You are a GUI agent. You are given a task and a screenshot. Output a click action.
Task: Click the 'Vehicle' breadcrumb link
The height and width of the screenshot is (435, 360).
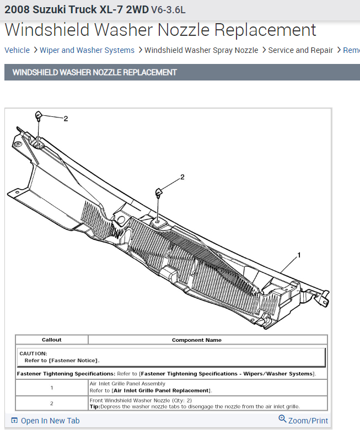pos(17,50)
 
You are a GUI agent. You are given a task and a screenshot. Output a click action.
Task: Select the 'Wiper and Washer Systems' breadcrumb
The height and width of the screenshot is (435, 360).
pos(87,50)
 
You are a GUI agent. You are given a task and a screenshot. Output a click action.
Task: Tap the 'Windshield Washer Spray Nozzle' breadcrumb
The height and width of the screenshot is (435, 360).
pos(201,50)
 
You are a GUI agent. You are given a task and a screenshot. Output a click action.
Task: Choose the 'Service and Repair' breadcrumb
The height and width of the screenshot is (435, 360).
pos(300,50)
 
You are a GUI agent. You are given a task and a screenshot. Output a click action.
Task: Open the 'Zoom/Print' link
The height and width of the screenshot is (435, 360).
pos(304,420)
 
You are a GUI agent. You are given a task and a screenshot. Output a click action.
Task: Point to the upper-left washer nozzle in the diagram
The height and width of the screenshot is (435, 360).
pos(39,115)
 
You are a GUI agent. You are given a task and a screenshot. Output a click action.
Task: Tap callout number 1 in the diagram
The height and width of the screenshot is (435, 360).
pos(299,255)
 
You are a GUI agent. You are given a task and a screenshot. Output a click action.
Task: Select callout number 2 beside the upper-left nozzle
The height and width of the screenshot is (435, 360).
pos(66,119)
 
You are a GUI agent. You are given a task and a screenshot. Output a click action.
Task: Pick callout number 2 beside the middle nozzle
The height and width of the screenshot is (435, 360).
pos(182,177)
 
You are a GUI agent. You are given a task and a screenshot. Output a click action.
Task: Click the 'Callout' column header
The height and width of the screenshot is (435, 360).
pos(52,340)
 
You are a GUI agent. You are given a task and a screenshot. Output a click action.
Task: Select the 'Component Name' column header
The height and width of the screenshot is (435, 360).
pos(197,340)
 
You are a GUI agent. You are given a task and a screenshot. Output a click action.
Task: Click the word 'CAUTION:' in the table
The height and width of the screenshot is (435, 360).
pos(33,353)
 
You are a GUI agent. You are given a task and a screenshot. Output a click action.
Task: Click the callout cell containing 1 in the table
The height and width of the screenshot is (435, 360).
pos(52,387)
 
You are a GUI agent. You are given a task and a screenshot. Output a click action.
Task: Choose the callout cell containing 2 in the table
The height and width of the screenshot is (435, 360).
pos(52,403)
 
